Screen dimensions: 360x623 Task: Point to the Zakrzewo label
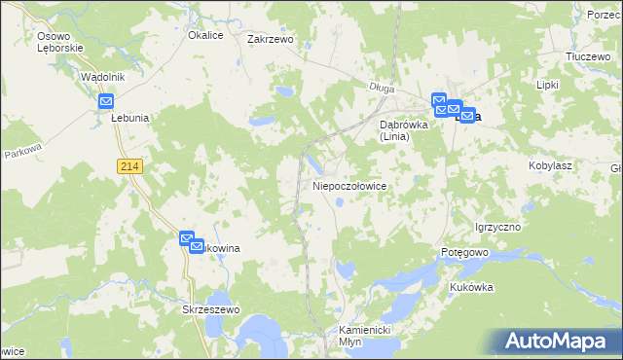[271, 40]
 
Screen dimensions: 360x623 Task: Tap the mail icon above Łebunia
[106, 101]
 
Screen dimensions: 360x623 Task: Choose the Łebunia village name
[128, 118]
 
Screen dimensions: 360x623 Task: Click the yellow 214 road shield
[130, 167]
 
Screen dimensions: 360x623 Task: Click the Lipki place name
[547, 85]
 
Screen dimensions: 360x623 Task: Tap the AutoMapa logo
[555, 342]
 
